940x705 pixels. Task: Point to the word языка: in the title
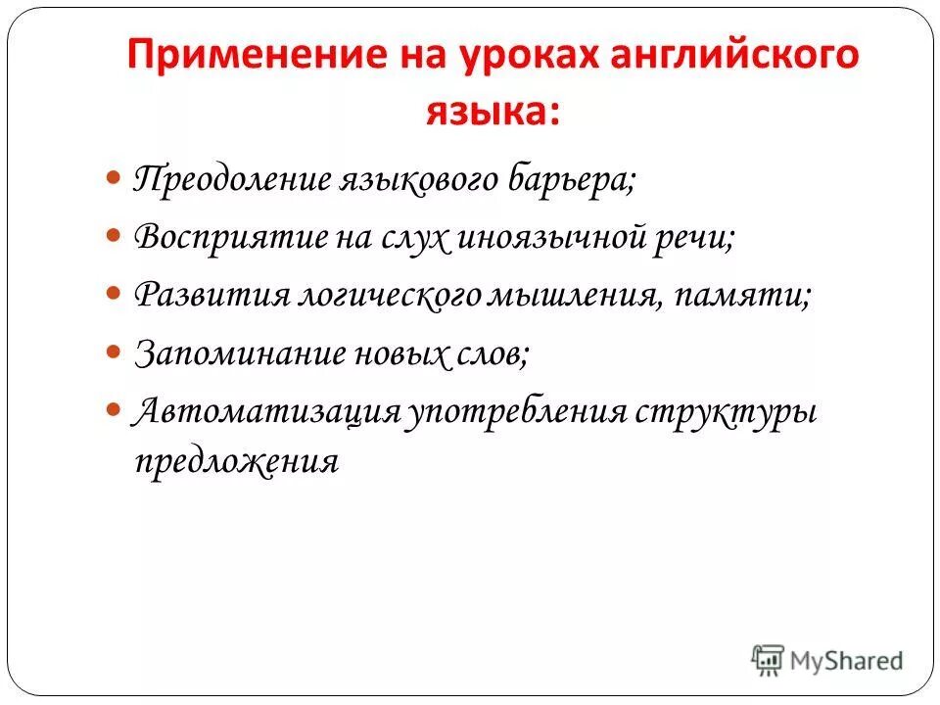pos(493,111)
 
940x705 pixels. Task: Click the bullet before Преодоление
pos(113,180)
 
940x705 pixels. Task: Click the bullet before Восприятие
pos(113,237)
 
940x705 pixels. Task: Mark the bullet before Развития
pos(113,294)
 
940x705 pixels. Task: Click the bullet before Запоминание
pos(113,350)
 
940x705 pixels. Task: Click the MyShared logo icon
pos(769,659)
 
